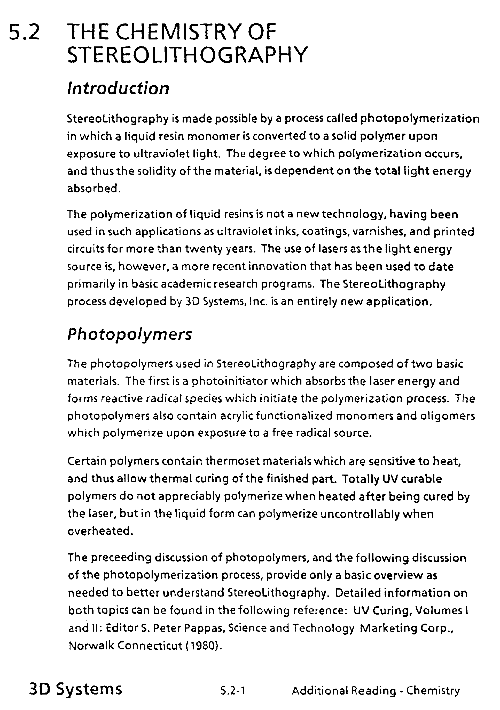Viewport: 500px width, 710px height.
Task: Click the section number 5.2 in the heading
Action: click(x=25, y=32)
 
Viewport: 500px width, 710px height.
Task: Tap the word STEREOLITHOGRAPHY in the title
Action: click(x=187, y=54)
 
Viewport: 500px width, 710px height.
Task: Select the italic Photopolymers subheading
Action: click(x=129, y=334)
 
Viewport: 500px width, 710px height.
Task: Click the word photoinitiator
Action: click(x=229, y=381)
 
